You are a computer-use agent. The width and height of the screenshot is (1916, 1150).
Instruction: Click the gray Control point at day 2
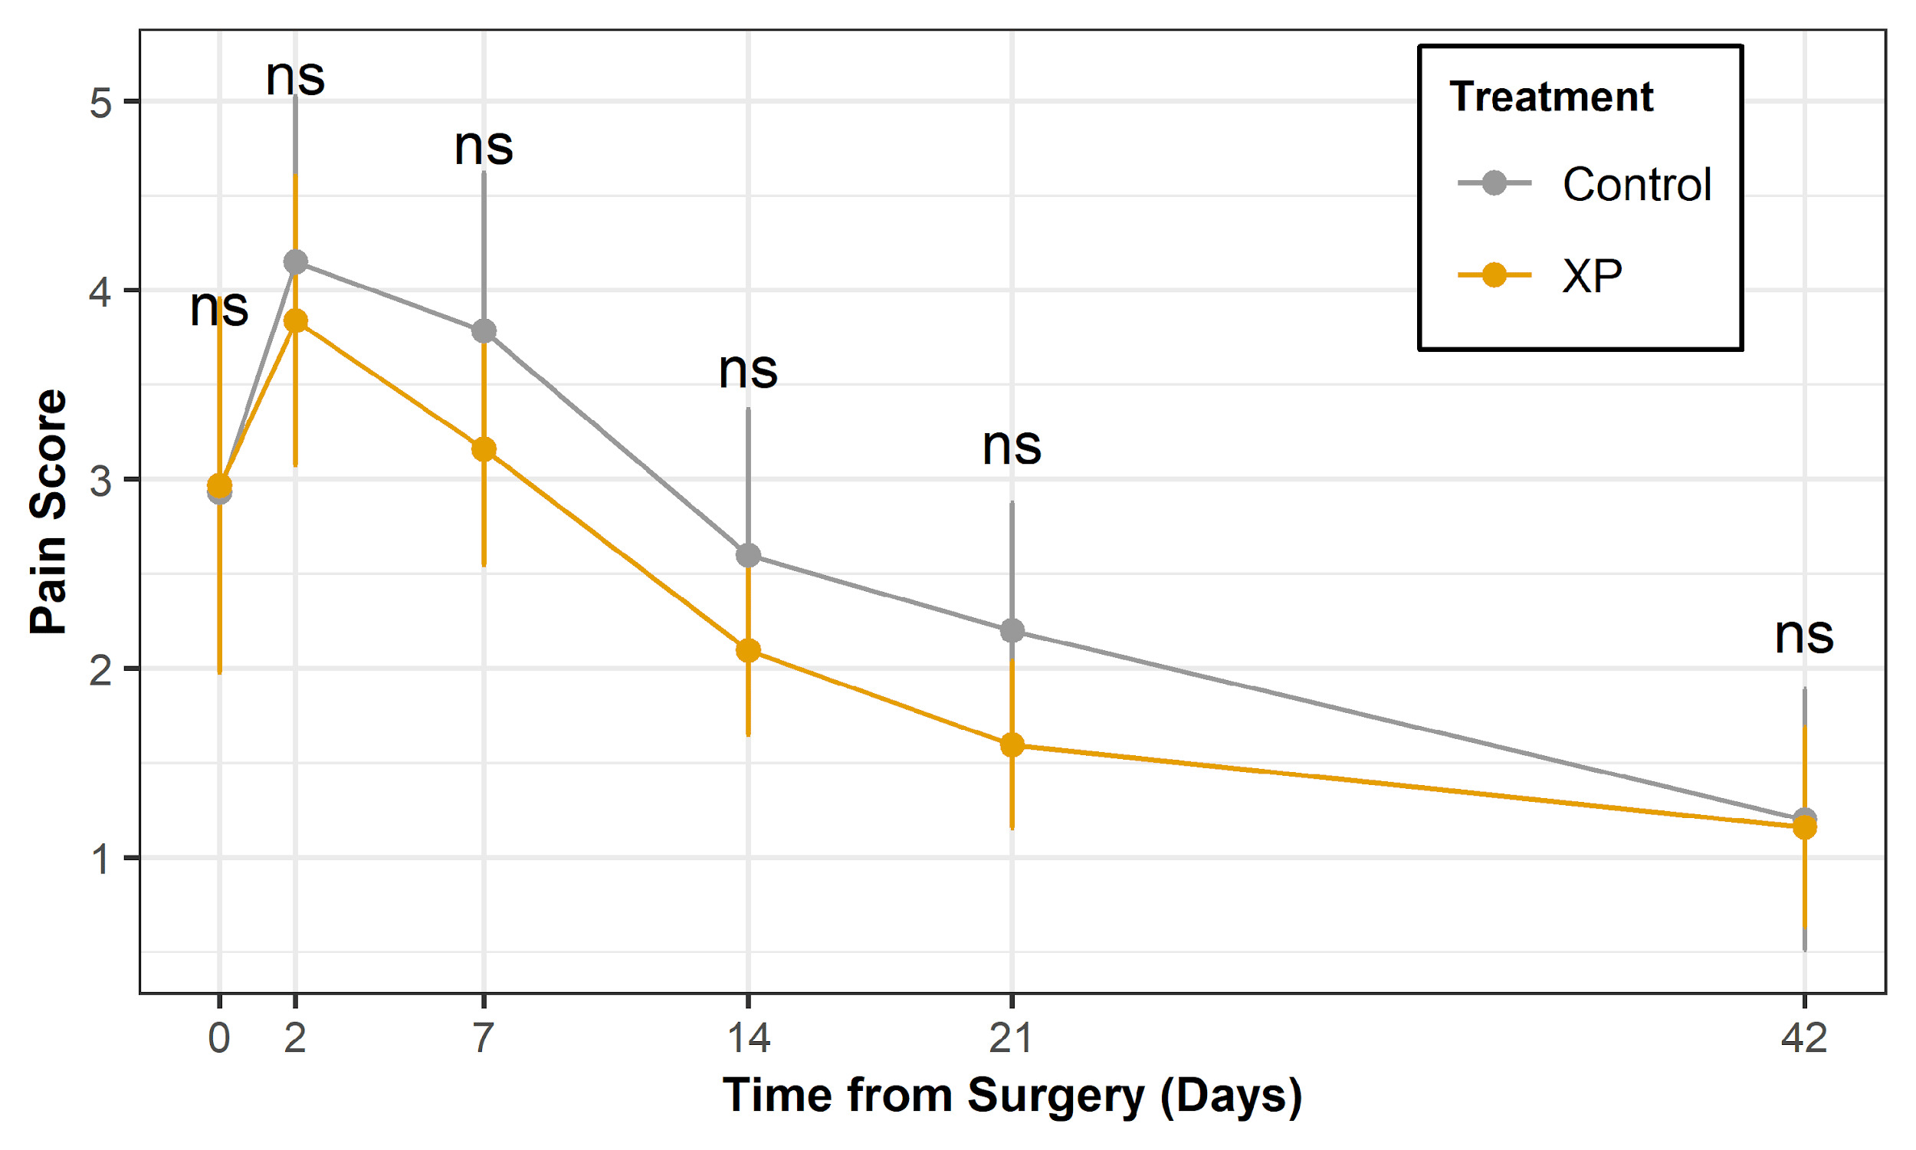(295, 262)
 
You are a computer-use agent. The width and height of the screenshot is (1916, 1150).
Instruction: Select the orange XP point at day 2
(295, 320)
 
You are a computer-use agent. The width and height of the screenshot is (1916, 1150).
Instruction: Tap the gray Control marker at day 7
(484, 332)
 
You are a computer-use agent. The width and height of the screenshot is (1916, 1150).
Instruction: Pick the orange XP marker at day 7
(484, 449)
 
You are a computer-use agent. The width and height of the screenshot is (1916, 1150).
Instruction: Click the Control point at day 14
(748, 556)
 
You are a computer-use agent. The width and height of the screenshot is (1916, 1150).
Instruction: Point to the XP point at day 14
(748, 650)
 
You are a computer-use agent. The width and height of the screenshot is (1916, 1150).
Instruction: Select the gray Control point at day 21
(1012, 631)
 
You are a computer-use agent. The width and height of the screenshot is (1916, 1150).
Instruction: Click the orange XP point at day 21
(1012, 745)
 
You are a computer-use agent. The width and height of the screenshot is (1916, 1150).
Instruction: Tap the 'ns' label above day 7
(484, 147)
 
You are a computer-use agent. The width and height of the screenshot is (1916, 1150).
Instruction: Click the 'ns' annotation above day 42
(1803, 636)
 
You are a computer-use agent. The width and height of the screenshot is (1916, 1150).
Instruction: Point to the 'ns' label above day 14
(748, 370)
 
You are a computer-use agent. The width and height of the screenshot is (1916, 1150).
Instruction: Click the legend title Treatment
(1550, 97)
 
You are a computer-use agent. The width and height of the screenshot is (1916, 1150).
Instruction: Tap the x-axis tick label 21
(1011, 1037)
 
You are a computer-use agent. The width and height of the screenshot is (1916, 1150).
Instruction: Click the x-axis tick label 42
(1803, 1037)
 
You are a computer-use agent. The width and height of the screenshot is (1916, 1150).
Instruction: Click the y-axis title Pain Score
(48, 512)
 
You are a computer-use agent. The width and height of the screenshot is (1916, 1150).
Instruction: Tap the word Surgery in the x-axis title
(1055, 1096)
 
